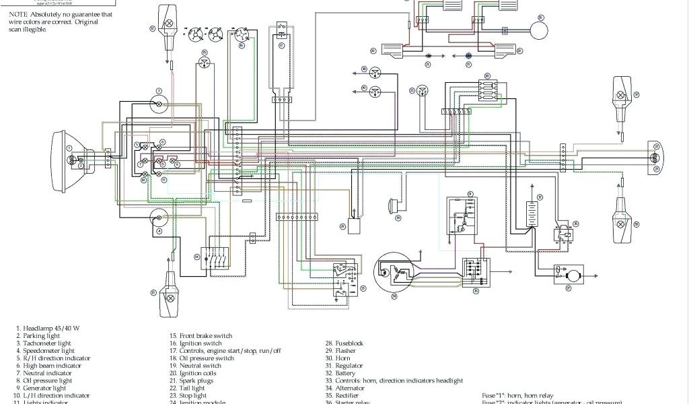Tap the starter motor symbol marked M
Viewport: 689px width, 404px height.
pos(573,275)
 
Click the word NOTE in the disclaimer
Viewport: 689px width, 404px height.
pos(18,14)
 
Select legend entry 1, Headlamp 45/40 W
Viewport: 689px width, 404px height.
pos(48,328)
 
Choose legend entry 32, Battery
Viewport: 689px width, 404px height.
pos(343,373)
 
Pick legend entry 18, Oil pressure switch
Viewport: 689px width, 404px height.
pos(206,358)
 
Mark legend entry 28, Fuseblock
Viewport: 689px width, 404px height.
pos(344,343)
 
